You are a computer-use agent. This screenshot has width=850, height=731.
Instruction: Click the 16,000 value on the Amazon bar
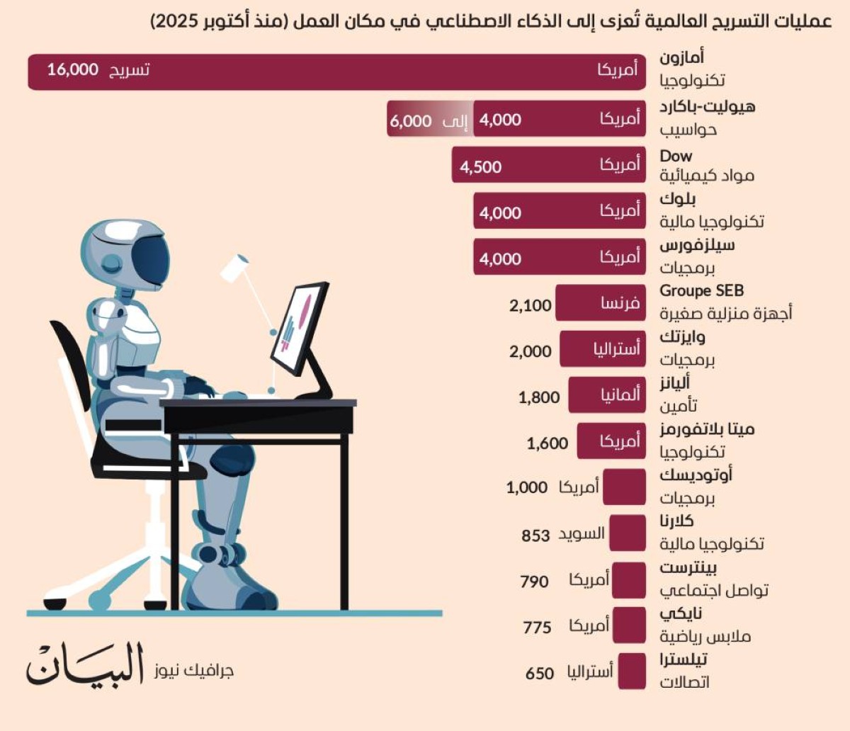pyautogui.click(x=72, y=69)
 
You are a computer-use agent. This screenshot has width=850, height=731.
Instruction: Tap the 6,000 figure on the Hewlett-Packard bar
pyautogui.click(x=410, y=120)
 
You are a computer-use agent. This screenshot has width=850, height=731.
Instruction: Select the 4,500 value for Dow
pyautogui.click(x=480, y=167)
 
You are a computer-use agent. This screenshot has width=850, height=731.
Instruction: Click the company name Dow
pyautogui.click(x=676, y=156)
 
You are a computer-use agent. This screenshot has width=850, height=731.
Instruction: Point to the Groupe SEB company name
pyautogui.click(x=701, y=290)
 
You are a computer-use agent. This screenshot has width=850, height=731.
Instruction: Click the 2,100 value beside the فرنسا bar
pyautogui.click(x=530, y=306)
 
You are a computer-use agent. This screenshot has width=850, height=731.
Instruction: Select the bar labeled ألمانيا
pyautogui.click(x=607, y=395)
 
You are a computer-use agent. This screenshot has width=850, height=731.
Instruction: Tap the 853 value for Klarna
pyautogui.click(x=535, y=535)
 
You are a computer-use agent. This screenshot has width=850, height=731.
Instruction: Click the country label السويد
pyautogui.click(x=582, y=534)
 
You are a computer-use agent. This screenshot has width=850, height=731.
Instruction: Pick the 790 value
pyautogui.click(x=534, y=582)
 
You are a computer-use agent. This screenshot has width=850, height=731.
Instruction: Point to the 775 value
pyautogui.click(x=537, y=628)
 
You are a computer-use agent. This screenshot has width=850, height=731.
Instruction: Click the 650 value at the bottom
pyautogui.click(x=539, y=674)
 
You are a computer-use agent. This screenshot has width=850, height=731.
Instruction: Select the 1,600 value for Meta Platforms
pyautogui.click(x=547, y=444)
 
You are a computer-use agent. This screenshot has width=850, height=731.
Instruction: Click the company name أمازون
pyautogui.click(x=681, y=57)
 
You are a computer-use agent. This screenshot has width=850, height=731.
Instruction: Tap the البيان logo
pyautogui.click(x=85, y=664)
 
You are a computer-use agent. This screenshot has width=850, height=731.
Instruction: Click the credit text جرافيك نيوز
pyautogui.click(x=193, y=670)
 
